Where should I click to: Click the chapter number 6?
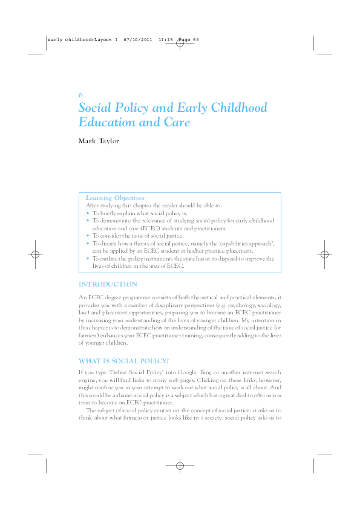pyautogui.click(x=80, y=96)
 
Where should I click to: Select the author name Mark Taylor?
pyautogui.click(x=100, y=141)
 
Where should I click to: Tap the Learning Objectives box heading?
pyautogui.click(x=115, y=198)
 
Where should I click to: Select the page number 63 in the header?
pyautogui.click(x=195, y=41)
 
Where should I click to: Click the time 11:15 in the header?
pyautogui.click(x=166, y=41)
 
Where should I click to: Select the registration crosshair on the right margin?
pyautogui.click(x=324, y=254)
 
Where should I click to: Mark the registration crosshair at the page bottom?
pyautogui.click(x=180, y=465)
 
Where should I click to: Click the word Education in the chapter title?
pyautogui.click(x=107, y=122)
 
